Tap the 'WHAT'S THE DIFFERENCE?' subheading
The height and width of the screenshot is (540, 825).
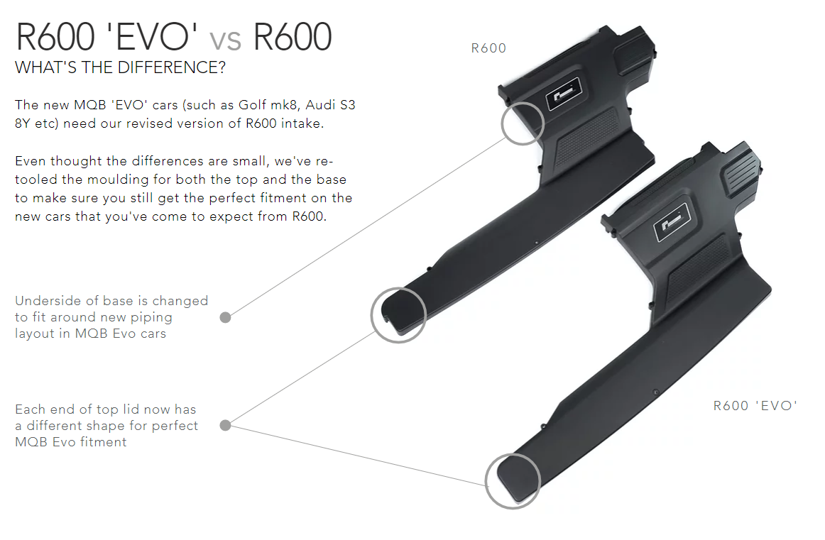tap(121, 69)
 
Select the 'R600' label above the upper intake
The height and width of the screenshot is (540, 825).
tap(488, 48)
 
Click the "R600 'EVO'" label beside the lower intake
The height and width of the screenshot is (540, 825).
tap(755, 406)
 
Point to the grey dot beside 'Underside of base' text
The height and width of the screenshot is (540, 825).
tap(225, 317)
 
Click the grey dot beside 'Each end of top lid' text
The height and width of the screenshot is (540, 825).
tap(225, 425)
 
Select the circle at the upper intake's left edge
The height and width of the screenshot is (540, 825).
tap(523, 123)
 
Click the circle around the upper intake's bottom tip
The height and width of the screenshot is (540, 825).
tap(398, 315)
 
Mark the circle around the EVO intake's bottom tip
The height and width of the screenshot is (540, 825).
tap(513, 481)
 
